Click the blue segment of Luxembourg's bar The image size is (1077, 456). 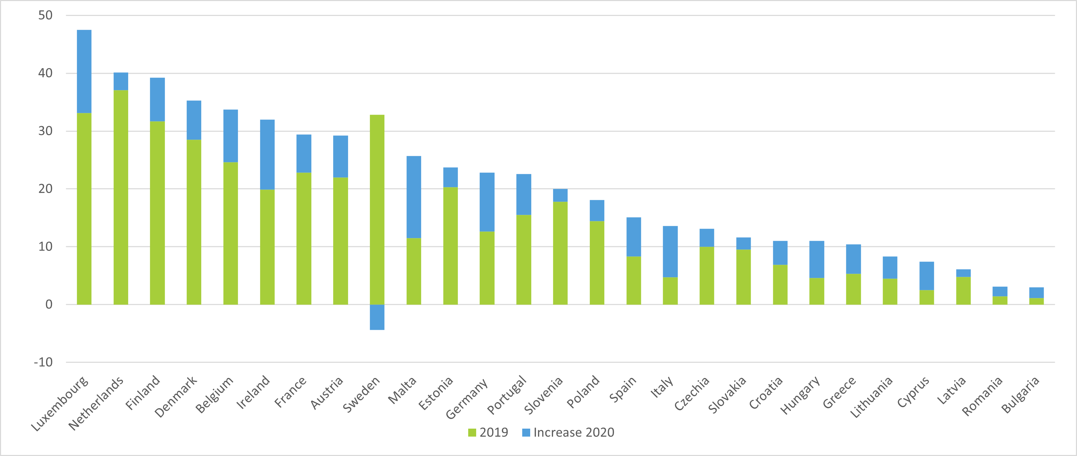(x=84, y=71)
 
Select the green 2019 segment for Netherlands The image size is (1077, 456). (x=121, y=196)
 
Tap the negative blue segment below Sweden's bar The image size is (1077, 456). (x=377, y=317)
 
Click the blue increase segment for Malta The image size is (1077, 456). (x=413, y=196)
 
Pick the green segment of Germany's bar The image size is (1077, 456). (x=487, y=268)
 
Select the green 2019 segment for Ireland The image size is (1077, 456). (x=267, y=247)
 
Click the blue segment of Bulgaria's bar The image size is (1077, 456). (x=1036, y=292)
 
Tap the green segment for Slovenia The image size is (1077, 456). (x=560, y=253)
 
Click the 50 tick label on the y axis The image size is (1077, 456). (x=45, y=16)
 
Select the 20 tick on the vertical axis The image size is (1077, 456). (x=45, y=189)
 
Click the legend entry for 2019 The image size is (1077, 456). (x=488, y=432)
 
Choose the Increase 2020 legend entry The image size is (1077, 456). (x=568, y=432)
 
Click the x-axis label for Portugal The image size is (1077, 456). (x=507, y=395)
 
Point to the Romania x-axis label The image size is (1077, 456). (x=982, y=396)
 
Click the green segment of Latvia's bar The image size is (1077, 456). (x=963, y=290)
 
